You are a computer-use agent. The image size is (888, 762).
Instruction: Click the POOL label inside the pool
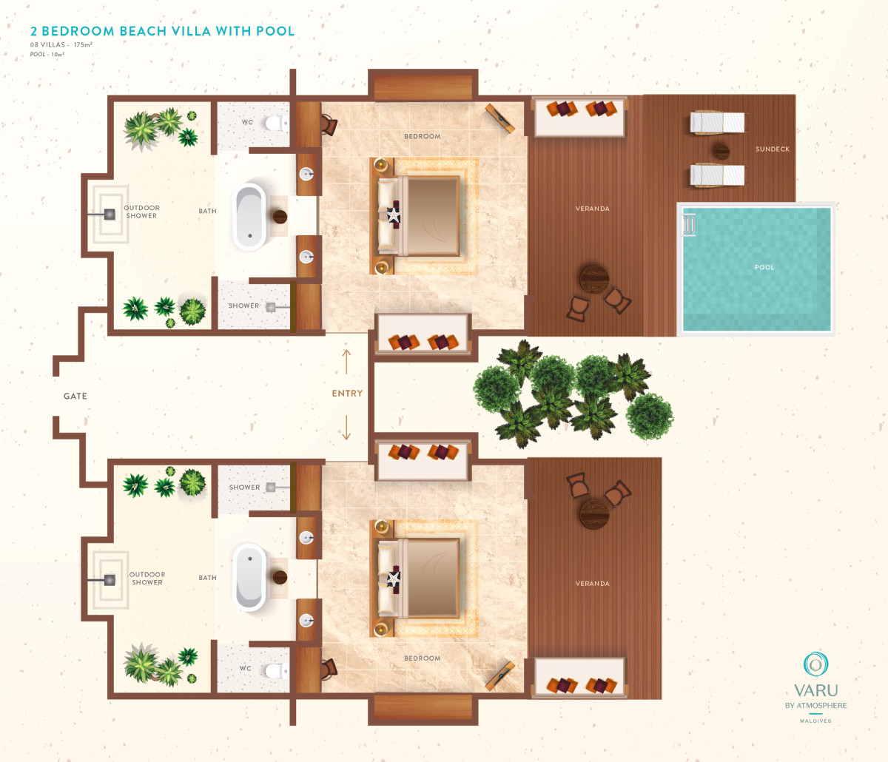(x=764, y=267)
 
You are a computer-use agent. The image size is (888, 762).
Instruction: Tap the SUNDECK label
(x=773, y=149)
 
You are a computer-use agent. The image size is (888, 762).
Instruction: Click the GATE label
(x=75, y=396)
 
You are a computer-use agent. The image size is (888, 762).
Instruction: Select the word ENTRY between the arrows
(x=347, y=394)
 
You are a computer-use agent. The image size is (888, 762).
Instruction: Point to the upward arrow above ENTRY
(x=346, y=362)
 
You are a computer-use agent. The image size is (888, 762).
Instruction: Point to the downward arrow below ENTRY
(x=346, y=427)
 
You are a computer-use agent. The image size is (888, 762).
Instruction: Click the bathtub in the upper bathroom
(x=249, y=217)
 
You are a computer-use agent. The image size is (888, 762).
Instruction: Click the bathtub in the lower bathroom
(x=249, y=577)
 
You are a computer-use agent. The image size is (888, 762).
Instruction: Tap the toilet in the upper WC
(x=276, y=124)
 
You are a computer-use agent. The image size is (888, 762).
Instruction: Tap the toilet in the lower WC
(x=276, y=670)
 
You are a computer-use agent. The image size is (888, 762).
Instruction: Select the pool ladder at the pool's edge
(x=689, y=225)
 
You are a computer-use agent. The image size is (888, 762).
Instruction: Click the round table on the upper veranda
(x=594, y=280)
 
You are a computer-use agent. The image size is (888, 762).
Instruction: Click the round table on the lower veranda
(x=594, y=514)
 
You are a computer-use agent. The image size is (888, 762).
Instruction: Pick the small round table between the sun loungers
(x=721, y=151)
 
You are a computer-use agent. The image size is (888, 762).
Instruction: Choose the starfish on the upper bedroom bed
(x=393, y=215)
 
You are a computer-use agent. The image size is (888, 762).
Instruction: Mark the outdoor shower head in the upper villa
(x=110, y=215)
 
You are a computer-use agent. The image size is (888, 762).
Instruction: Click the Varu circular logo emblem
(x=815, y=664)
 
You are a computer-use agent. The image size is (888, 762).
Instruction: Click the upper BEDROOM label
(x=423, y=136)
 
